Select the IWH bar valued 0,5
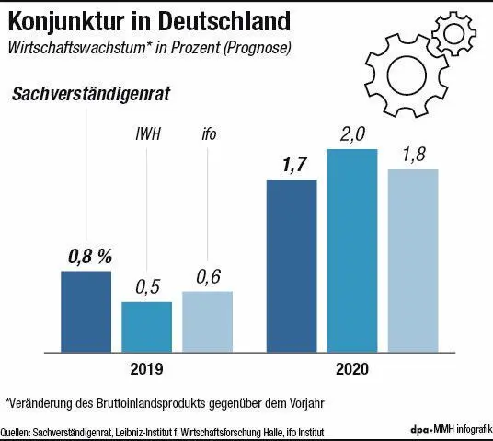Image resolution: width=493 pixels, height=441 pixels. [146, 326]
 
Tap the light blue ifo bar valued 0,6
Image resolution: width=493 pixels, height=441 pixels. [207, 320]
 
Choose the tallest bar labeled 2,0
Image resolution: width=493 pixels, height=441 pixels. [352, 250]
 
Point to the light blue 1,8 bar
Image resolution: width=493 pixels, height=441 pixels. [413, 260]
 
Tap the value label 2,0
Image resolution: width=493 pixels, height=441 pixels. [352, 135]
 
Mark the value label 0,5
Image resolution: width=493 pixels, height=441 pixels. [147, 287]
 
